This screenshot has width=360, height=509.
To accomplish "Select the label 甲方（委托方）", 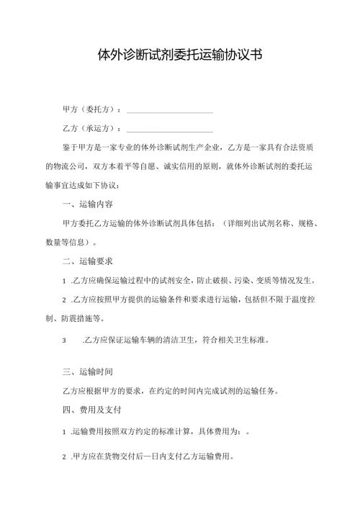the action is pos(92,110).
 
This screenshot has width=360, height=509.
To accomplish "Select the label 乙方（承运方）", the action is pos(92,129).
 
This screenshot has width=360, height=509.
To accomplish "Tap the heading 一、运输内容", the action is pos(87,204).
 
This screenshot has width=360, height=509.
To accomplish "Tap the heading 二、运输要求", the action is pos(87,260).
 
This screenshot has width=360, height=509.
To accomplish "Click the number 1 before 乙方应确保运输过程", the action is pos(66,280).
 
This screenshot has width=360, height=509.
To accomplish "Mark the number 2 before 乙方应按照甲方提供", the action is pos(66,299).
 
